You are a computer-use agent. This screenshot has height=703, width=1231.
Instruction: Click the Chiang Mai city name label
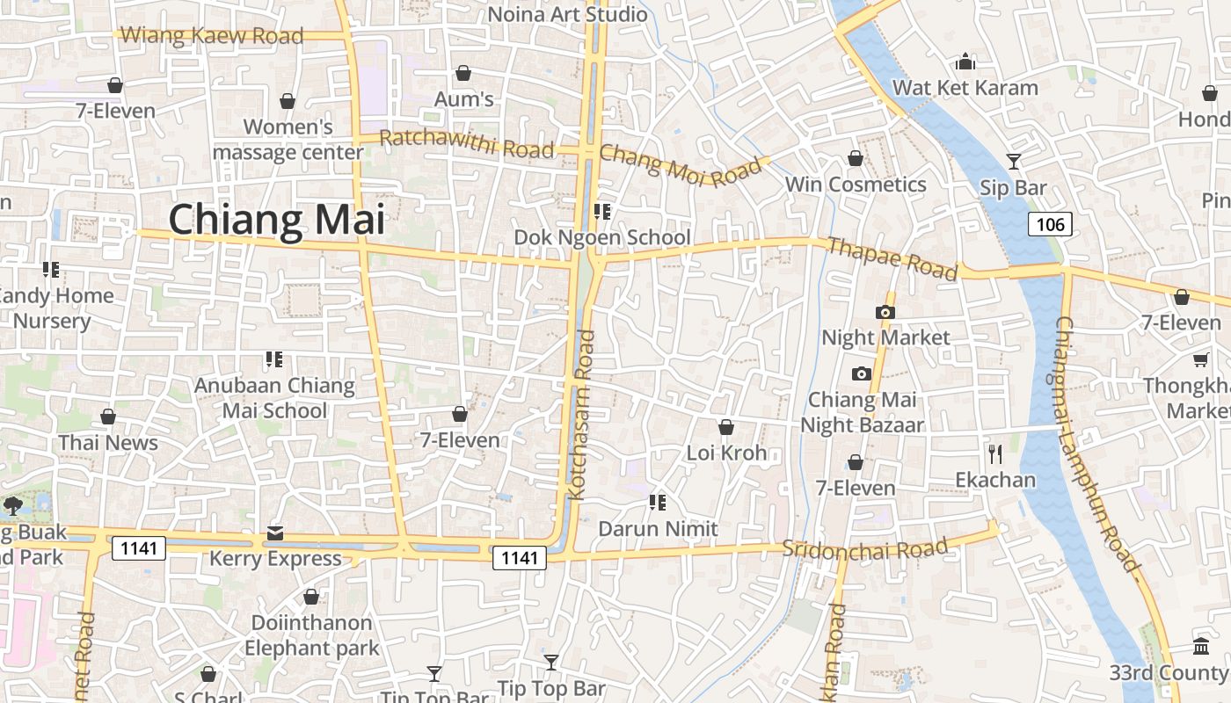(277, 220)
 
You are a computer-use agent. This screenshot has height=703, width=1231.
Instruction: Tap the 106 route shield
(1050, 224)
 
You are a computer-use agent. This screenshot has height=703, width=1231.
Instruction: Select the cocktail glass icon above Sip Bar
(1014, 161)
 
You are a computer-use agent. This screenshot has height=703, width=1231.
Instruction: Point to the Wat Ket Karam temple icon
(965, 62)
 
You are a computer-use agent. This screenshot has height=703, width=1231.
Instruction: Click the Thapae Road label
(892, 258)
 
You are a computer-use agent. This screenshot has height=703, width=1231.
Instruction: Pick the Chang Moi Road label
(680, 165)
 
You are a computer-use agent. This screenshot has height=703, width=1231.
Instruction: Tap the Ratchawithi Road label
(466, 143)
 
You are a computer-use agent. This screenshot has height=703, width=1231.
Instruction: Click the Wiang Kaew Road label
(212, 36)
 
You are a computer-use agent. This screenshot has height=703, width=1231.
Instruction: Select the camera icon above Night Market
(885, 312)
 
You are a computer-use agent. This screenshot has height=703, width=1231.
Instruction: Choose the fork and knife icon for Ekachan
(995, 453)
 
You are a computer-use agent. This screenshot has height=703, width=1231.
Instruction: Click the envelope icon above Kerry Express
(275, 533)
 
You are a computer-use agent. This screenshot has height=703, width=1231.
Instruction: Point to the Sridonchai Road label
(865, 548)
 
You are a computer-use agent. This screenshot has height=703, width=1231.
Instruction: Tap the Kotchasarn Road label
(582, 415)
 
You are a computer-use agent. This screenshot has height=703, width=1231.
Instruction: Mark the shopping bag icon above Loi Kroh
(726, 427)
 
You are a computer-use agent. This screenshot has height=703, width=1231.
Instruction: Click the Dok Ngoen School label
(602, 237)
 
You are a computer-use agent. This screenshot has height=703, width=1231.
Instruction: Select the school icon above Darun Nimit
(657, 503)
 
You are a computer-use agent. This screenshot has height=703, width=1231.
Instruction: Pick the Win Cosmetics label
(856, 185)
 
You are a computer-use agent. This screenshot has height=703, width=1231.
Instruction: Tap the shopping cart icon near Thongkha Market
(1200, 359)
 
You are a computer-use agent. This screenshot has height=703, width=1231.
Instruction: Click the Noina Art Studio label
(567, 14)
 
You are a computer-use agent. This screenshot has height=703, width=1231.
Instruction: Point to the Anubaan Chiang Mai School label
(274, 397)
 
